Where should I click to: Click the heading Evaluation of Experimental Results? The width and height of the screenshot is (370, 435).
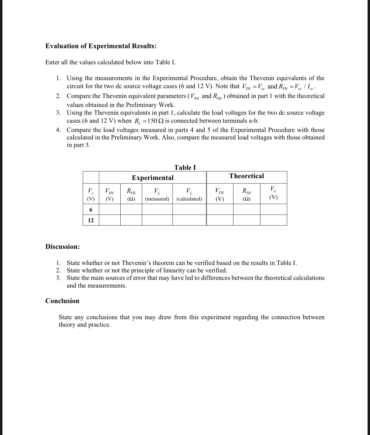point(101,46)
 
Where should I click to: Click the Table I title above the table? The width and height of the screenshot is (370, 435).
point(185,167)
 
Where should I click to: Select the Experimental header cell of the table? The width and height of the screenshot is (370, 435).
point(153,178)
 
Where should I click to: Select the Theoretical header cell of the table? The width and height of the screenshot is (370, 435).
point(246,176)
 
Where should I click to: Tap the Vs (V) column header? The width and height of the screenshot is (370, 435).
point(91,194)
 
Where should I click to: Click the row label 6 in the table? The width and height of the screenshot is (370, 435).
point(91,210)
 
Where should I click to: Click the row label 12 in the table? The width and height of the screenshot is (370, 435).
point(91,220)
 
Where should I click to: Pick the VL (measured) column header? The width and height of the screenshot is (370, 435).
point(157,194)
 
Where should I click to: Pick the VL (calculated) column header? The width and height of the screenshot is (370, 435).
point(189,194)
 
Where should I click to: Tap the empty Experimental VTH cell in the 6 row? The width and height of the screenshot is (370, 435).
point(110,210)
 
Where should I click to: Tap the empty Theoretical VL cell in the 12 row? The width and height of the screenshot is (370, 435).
point(273,220)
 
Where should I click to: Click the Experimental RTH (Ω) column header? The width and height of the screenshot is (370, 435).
point(131,194)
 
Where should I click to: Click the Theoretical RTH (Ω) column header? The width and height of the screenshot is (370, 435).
point(246,194)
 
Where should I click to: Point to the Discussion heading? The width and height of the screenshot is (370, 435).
point(63,247)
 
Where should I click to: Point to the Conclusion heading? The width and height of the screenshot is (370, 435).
point(62,301)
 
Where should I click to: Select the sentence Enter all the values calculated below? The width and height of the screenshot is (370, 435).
point(111,62)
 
